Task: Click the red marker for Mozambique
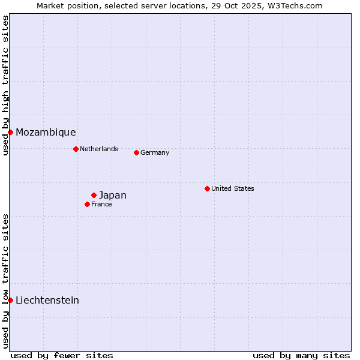(10, 132)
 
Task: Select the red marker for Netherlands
(76, 149)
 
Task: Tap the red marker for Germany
(136, 152)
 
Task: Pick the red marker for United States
(207, 188)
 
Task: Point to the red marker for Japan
(94, 195)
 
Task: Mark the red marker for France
(87, 204)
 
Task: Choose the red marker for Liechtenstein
(10, 300)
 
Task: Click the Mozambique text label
(46, 132)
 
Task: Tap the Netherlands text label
(98, 149)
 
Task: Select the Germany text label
(155, 152)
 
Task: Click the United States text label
(232, 188)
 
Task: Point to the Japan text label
(112, 195)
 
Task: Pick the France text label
(101, 204)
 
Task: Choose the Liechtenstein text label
(47, 300)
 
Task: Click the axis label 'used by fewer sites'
(62, 355)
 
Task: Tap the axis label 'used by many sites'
(301, 355)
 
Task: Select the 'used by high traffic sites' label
(5, 85)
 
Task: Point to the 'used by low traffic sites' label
(5, 281)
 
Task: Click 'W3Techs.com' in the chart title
(298, 5)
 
